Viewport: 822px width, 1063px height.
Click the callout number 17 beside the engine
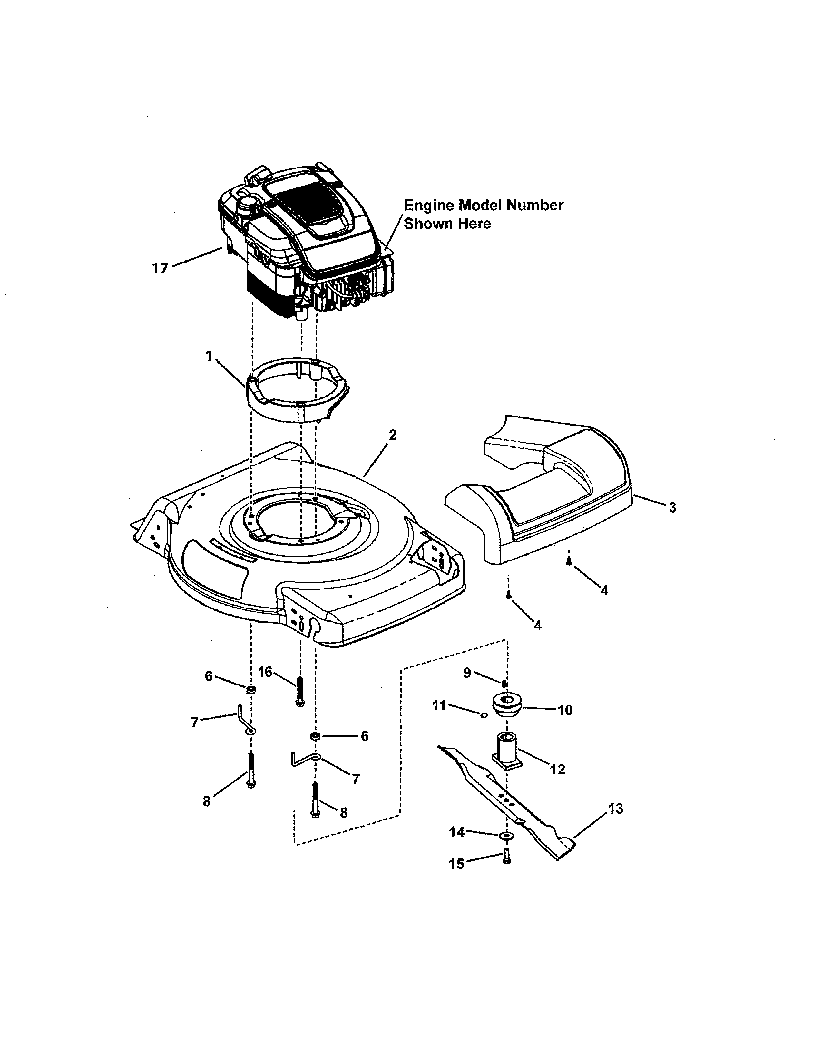[160, 268]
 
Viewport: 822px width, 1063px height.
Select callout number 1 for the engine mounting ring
[210, 357]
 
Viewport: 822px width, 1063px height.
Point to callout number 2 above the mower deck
[393, 435]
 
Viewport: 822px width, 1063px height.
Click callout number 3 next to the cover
[672, 508]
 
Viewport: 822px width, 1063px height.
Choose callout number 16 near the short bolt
[265, 672]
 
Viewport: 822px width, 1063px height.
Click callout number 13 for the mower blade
[615, 809]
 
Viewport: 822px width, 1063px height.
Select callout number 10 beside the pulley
[565, 710]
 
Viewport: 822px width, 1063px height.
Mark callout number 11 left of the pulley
[439, 705]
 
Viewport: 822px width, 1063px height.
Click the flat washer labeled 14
[506, 835]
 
